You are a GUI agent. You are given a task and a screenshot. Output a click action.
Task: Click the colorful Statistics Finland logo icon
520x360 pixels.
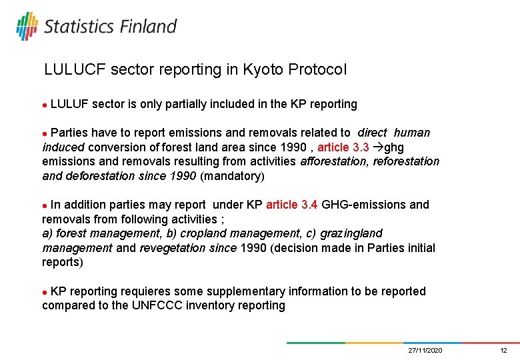point(27,26)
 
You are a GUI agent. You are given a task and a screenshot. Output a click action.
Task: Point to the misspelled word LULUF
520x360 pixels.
point(69,104)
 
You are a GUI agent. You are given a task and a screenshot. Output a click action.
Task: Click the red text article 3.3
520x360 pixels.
point(343,147)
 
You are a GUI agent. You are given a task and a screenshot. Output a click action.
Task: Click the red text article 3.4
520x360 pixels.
point(291,205)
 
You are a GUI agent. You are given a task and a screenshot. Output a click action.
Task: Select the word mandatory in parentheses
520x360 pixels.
point(232,176)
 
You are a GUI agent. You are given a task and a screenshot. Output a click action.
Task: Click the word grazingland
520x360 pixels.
point(351,233)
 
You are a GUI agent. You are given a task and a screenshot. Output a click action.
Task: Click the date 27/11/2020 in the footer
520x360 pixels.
point(425,351)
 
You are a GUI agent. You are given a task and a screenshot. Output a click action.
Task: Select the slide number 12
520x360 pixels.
point(504,351)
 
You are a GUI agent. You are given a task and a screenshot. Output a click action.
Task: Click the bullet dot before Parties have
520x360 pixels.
point(45,133)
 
